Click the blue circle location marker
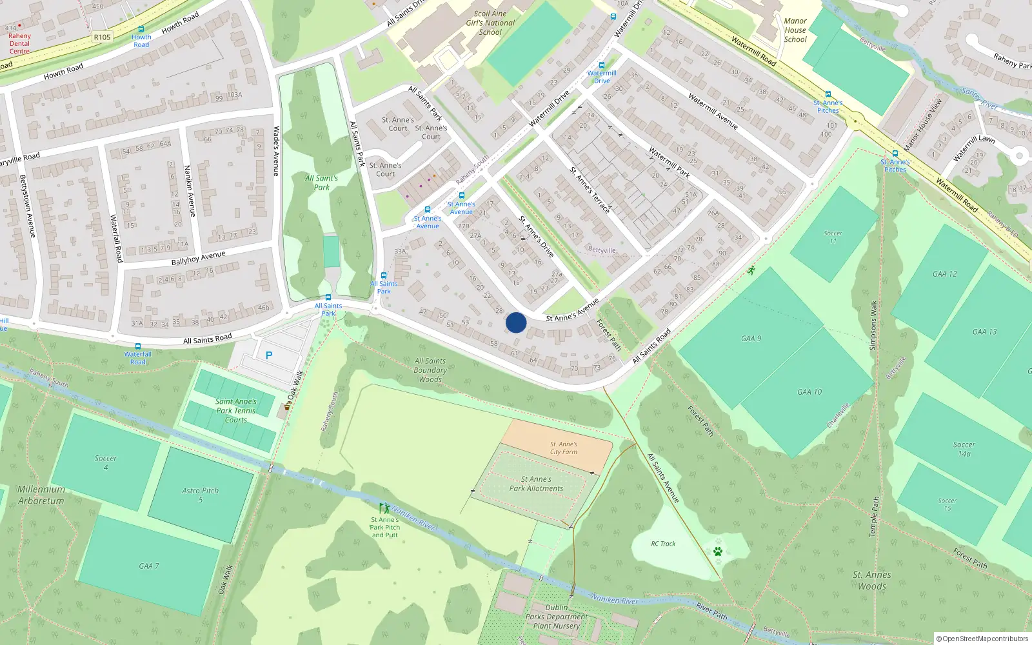coord(516,322)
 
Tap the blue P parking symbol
coord(269,355)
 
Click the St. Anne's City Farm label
coord(563,448)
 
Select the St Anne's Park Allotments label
coord(536,484)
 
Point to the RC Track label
coord(663,544)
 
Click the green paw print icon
coord(718,551)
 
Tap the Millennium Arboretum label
coord(41,495)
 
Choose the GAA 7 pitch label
coord(148,566)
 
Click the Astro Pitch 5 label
coord(200,495)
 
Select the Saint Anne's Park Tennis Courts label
coord(236,410)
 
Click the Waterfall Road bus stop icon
coord(137,346)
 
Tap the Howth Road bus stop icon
coord(141,29)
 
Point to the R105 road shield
coord(102,37)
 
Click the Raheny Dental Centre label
coord(19,43)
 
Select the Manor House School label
coord(795,30)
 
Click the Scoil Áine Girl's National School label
coord(490,23)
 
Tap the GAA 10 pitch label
coord(809,392)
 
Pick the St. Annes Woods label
coord(872,580)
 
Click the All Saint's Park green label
coord(321,183)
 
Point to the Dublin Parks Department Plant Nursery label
coord(556,617)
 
